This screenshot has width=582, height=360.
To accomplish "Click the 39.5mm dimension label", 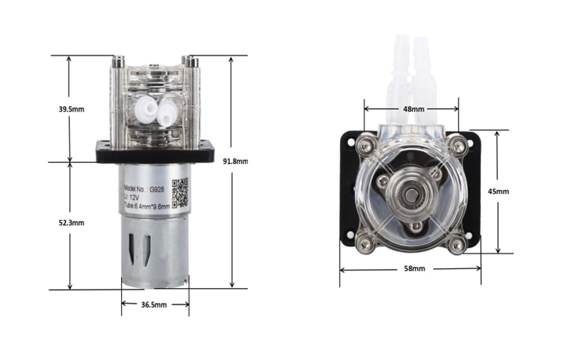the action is (71, 109).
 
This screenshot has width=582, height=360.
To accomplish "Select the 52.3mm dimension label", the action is (71, 223).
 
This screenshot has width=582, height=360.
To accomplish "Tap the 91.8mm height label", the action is (235, 161).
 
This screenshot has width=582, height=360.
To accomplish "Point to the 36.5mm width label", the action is (154, 305).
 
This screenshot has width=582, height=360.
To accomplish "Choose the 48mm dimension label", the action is (413, 109).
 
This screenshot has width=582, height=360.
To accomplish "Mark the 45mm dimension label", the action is (498, 191).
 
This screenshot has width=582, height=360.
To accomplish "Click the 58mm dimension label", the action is (415, 268).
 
